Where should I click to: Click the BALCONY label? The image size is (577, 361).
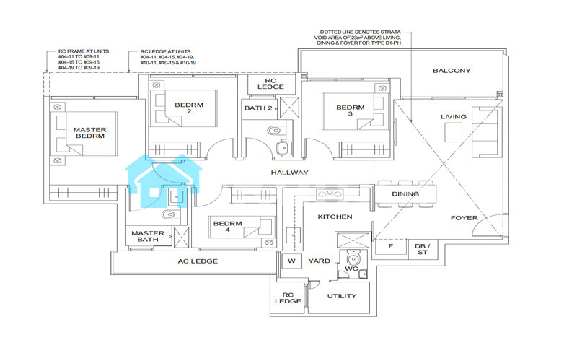[452, 71]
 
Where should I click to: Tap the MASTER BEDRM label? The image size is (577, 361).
[89, 133]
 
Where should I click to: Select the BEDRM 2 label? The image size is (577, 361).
[189, 108]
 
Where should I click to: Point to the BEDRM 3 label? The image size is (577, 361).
[351, 110]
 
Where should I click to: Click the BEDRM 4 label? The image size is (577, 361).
[227, 226]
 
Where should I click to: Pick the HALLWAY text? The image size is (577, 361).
[290, 173]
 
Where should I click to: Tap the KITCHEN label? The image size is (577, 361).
[335, 217]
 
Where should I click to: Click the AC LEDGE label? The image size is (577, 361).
[198, 261]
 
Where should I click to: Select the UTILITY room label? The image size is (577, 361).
[342, 296]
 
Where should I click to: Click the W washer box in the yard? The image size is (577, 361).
[291, 261]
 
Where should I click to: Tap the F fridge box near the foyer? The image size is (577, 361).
[391, 246]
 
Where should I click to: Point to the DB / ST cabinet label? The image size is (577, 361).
[423, 249]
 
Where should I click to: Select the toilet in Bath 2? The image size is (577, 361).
[274, 130]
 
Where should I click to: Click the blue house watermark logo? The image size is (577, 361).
[164, 180]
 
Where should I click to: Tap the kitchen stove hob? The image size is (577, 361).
[330, 194]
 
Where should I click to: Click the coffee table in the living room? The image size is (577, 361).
[454, 132]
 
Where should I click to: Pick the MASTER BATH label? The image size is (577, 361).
[148, 236]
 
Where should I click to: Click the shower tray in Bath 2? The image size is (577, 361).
[289, 108]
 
